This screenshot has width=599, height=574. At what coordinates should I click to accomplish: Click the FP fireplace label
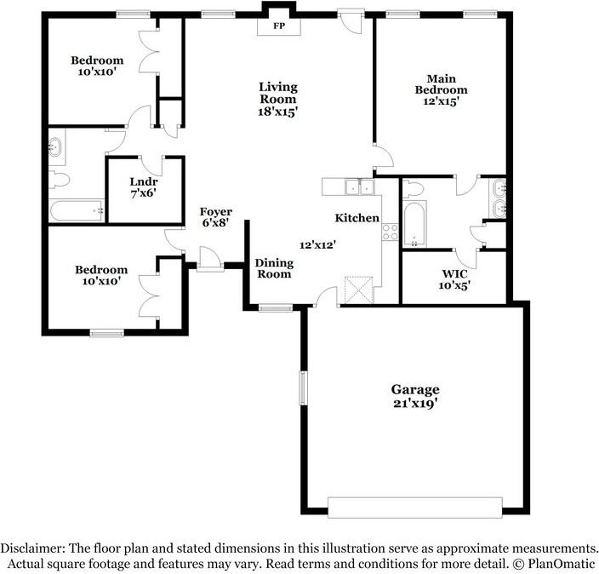278,26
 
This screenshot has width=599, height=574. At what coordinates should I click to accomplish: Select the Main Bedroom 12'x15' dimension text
441,100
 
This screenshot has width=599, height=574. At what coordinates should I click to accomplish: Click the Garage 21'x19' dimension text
415,405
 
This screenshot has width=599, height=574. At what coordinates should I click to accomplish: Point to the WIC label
454,273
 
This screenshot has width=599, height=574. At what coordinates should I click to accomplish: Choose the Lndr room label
143,181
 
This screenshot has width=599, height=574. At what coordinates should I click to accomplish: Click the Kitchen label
357,218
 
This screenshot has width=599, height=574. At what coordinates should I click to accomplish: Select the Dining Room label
273,268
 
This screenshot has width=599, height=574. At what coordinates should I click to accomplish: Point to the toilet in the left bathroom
60,180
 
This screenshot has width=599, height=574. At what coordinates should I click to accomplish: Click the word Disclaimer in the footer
33,548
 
